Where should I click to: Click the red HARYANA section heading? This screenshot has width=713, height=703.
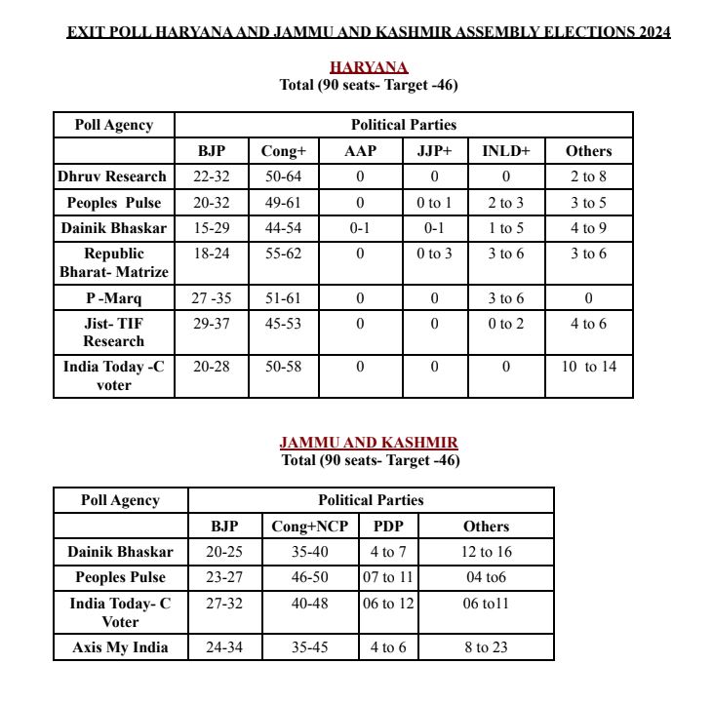(x=369, y=67)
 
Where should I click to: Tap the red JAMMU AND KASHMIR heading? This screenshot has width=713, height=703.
(x=369, y=443)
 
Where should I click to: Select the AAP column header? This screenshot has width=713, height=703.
(x=360, y=151)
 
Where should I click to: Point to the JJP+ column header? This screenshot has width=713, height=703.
(x=434, y=151)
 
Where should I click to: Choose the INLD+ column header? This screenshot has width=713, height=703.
(x=505, y=151)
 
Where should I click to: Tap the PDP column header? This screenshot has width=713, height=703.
(x=388, y=527)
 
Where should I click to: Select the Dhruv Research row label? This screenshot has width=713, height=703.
(x=113, y=176)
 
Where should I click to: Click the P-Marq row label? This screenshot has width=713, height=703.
(x=113, y=298)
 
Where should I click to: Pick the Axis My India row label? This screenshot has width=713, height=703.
(x=120, y=646)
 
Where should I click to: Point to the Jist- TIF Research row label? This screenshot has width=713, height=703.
(x=113, y=332)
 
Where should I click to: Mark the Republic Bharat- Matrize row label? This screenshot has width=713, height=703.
(x=113, y=262)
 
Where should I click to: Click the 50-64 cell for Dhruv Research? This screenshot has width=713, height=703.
(x=284, y=176)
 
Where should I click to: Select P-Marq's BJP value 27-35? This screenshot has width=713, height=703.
(x=212, y=298)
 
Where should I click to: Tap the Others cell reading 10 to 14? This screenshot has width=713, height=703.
(x=589, y=367)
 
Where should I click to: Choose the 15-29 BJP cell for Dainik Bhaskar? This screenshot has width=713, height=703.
(x=212, y=228)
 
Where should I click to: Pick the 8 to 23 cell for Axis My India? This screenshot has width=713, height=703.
(x=486, y=646)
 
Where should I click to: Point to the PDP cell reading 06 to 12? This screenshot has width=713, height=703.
(x=388, y=604)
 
